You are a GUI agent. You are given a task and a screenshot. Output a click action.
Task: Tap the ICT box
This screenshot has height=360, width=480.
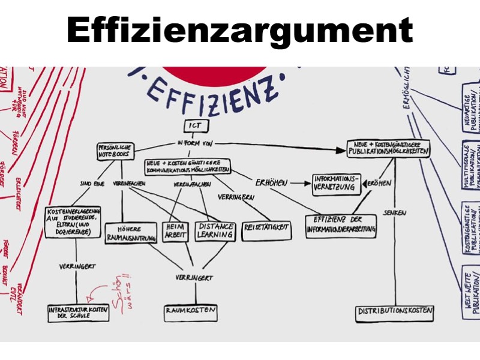click(195, 126)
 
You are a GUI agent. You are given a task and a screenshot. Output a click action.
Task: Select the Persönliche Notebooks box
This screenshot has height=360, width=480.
click(116, 151)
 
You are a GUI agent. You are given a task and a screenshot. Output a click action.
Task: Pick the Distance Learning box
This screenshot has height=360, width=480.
click(215, 231)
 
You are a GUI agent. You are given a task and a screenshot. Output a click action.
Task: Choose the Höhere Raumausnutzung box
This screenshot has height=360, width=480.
click(131, 233)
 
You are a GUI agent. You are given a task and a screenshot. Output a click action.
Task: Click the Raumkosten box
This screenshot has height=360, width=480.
click(190, 312)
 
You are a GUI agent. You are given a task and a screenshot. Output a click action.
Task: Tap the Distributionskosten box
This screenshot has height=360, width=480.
click(395, 312)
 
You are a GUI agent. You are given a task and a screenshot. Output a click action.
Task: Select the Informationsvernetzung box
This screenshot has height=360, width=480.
click(337, 183)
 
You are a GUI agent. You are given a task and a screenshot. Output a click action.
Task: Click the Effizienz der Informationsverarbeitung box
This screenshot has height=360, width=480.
click(341, 225)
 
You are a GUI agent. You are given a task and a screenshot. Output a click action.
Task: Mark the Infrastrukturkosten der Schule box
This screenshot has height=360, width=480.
click(79, 312)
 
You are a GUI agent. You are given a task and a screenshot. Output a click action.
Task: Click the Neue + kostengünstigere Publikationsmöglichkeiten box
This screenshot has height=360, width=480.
click(389, 149)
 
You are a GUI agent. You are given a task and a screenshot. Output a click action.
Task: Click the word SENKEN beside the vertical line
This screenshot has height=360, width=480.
click(396, 213)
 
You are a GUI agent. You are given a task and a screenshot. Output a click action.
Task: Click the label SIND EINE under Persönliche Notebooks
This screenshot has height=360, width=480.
click(92, 184)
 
